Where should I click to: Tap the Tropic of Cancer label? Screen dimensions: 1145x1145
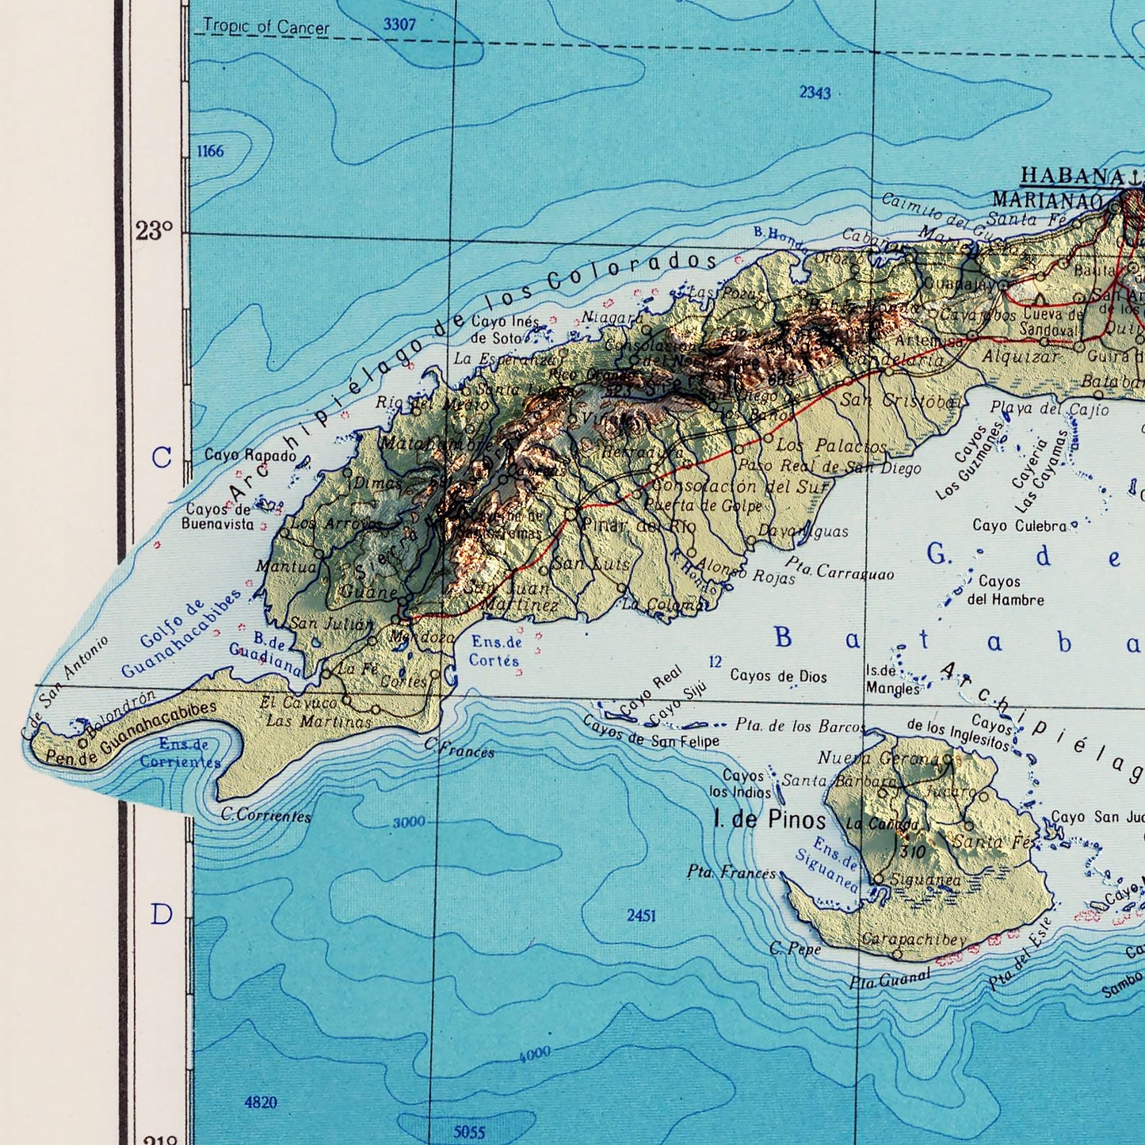coord(265,27)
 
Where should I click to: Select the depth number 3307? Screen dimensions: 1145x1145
coord(399,25)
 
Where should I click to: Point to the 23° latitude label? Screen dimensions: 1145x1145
coord(154,231)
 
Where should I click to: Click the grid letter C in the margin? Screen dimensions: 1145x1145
coord(162,457)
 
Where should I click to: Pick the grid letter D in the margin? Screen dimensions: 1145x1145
coord(162,914)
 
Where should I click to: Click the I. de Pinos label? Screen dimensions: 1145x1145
coord(769,819)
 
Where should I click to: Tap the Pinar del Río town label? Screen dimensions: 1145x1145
coord(639,525)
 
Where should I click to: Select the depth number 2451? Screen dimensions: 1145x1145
coord(641,915)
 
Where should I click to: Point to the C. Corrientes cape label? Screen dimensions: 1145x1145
coord(265,815)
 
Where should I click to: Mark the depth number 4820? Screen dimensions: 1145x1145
coord(261,1102)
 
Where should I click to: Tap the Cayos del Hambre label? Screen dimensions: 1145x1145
coord(1004,591)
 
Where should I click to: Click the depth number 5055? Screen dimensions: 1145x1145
coord(469,1132)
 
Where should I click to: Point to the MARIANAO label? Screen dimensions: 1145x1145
coord(1048,200)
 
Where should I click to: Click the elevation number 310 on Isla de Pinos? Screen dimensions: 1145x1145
coord(913,853)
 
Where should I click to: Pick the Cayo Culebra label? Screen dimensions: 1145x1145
coord(1020,525)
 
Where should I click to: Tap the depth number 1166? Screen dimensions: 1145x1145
coord(211,151)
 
